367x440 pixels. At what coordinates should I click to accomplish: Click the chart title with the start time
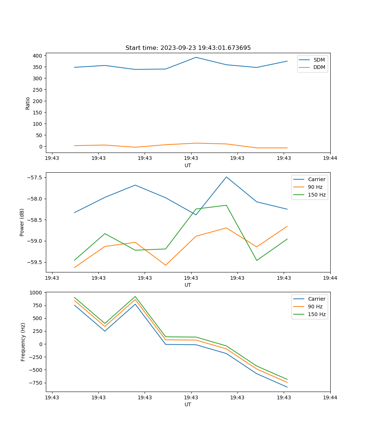pyautogui.click(x=188, y=48)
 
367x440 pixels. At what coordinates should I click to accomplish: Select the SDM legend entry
pyautogui.click(x=319, y=60)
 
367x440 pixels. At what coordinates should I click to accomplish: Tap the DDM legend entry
pyautogui.click(x=319, y=67)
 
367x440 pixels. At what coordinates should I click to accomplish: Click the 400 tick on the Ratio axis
pyautogui.click(x=38, y=56)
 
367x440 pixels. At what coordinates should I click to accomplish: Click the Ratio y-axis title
pyautogui.click(x=28, y=103)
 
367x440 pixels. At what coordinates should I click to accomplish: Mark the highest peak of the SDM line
pyautogui.click(x=196, y=57)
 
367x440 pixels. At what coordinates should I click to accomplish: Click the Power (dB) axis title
pyautogui.click(x=22, y=222)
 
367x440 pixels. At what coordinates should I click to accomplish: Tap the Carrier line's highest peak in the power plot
pyautogui.click(x=226, y=177)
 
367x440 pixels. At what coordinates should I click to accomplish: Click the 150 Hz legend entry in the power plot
pyautogui.click(x=317, y=195)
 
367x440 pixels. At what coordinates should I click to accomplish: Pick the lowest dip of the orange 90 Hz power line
pyautogui.click(x=166, y=265)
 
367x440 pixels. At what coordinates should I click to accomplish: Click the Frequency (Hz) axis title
pyautogui.click(x=23, y=342)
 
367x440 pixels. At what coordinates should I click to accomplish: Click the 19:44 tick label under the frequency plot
pyautogui.click(x=330, y=397)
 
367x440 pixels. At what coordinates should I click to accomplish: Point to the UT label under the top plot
pyautogui.click(x=188, y=165)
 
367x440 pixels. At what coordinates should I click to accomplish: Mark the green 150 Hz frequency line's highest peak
pyautogui.click(x=135, y=297)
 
